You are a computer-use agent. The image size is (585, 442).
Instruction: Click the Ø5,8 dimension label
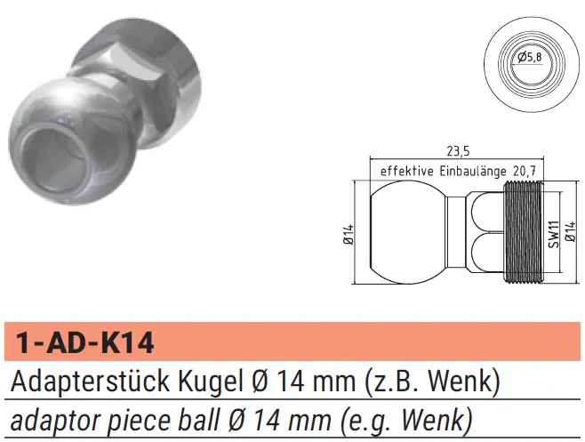click(530, 57)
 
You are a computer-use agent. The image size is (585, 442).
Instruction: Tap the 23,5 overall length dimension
click(458, 151)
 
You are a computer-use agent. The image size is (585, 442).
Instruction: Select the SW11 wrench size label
click(554, 234)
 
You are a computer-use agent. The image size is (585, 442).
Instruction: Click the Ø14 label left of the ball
click(349, 235)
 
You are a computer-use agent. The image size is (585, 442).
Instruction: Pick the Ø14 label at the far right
click(571, 231)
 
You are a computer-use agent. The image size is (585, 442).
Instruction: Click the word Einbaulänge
click(473, 171)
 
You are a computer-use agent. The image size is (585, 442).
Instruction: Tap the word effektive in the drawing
click(407, 172)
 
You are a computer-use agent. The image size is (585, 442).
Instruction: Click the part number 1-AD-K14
click(85, 342)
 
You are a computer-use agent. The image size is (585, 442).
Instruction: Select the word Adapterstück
click(90, 382)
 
